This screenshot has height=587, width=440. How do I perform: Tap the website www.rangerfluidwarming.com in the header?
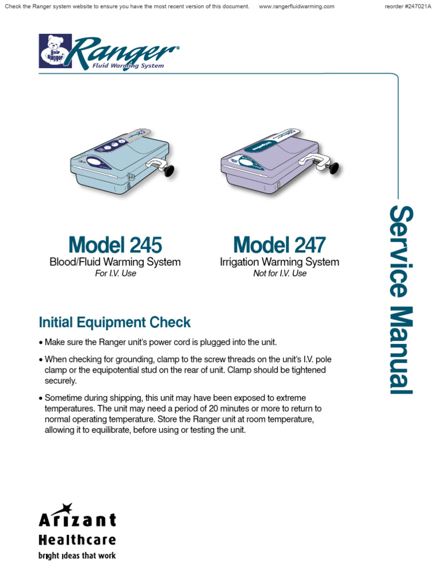[296, 6]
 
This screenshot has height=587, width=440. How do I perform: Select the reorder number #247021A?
[410, 6]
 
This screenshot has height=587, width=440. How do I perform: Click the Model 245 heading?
[115, 245]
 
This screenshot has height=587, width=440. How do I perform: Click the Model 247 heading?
[280, 245]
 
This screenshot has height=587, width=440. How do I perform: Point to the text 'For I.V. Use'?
[115, 273]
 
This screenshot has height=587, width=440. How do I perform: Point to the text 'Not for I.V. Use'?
[280, 273]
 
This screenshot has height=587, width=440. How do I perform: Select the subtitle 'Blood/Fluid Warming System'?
[115, 262]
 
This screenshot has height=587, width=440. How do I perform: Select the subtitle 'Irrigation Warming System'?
[280, 262]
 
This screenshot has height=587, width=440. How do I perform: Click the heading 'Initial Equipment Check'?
[115, 322]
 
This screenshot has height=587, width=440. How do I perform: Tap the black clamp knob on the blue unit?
[169, 170]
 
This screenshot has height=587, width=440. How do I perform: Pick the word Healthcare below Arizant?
[77, 539]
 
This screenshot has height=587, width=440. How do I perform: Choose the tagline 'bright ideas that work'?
[77, 555]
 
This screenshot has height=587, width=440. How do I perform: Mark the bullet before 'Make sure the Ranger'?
[41, 343]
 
